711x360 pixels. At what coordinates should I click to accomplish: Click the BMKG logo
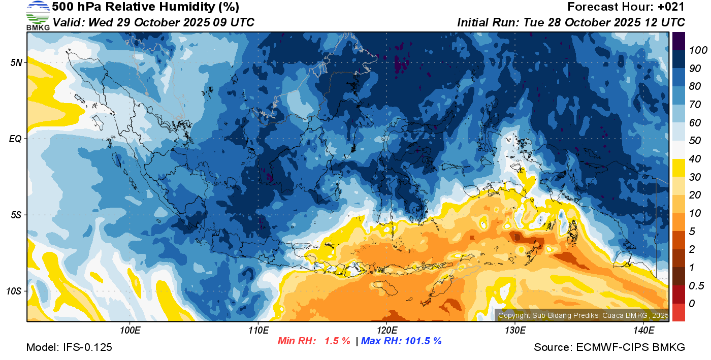pyautogui.click(x=38, y=16)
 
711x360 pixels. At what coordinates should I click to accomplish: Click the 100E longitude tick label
pyautogui.click(x=130, y=331)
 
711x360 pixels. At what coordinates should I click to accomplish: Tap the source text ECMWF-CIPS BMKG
pyautogui.click(x=630, y=348)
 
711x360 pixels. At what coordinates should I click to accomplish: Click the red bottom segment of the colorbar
pyautogui.click(x=678, y=312)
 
